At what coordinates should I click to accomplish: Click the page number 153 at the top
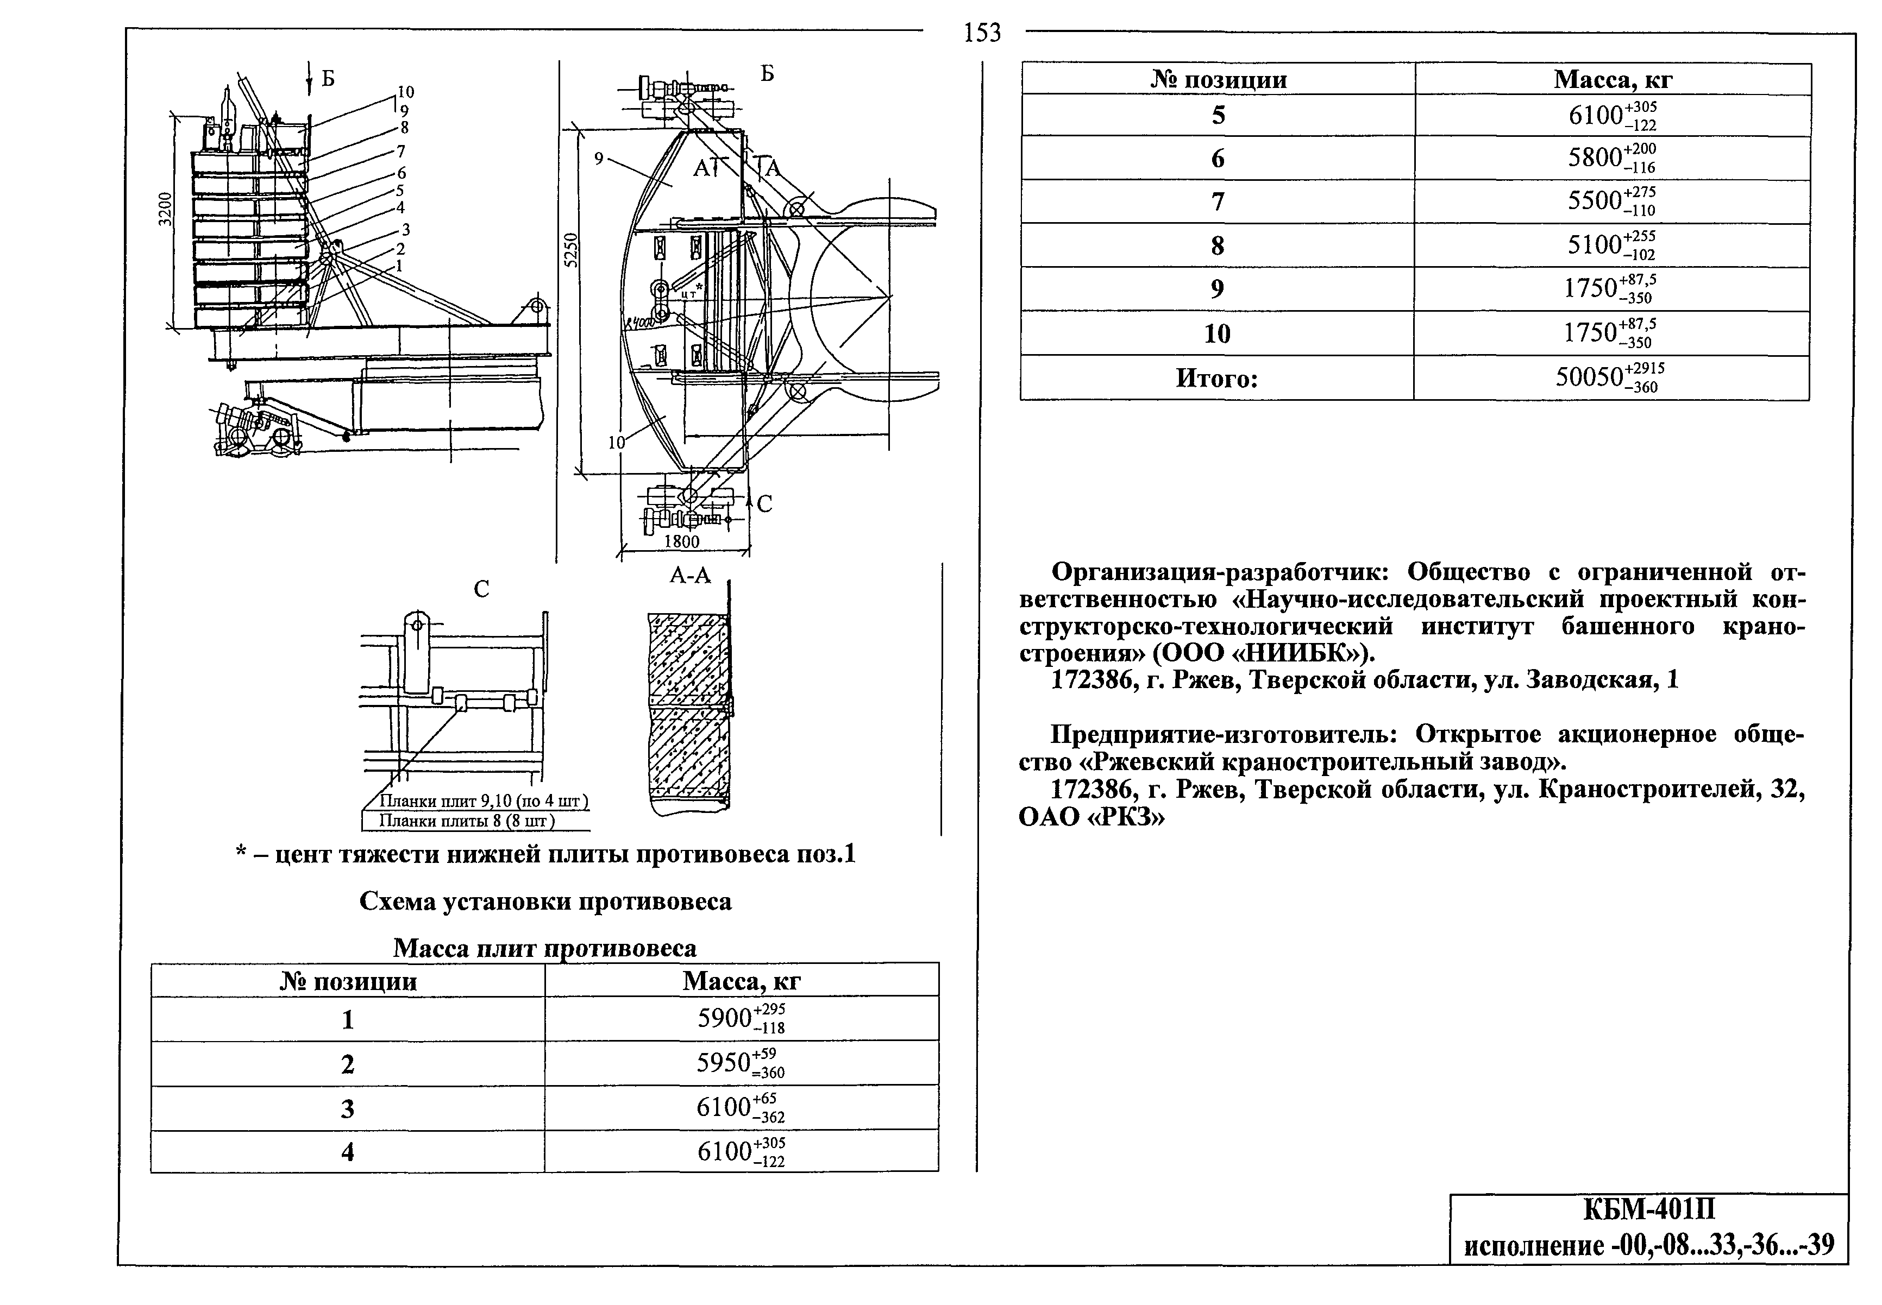982,33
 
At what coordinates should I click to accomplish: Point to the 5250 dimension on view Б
572,250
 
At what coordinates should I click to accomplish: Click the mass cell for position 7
1611,201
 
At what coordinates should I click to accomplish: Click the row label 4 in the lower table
348,1152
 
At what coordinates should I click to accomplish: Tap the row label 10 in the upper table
1217,333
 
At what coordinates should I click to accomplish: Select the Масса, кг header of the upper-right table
1613,79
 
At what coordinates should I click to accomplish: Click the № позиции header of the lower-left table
348,981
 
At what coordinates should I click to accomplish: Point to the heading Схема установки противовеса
545,901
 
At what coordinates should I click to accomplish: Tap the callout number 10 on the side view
406,92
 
